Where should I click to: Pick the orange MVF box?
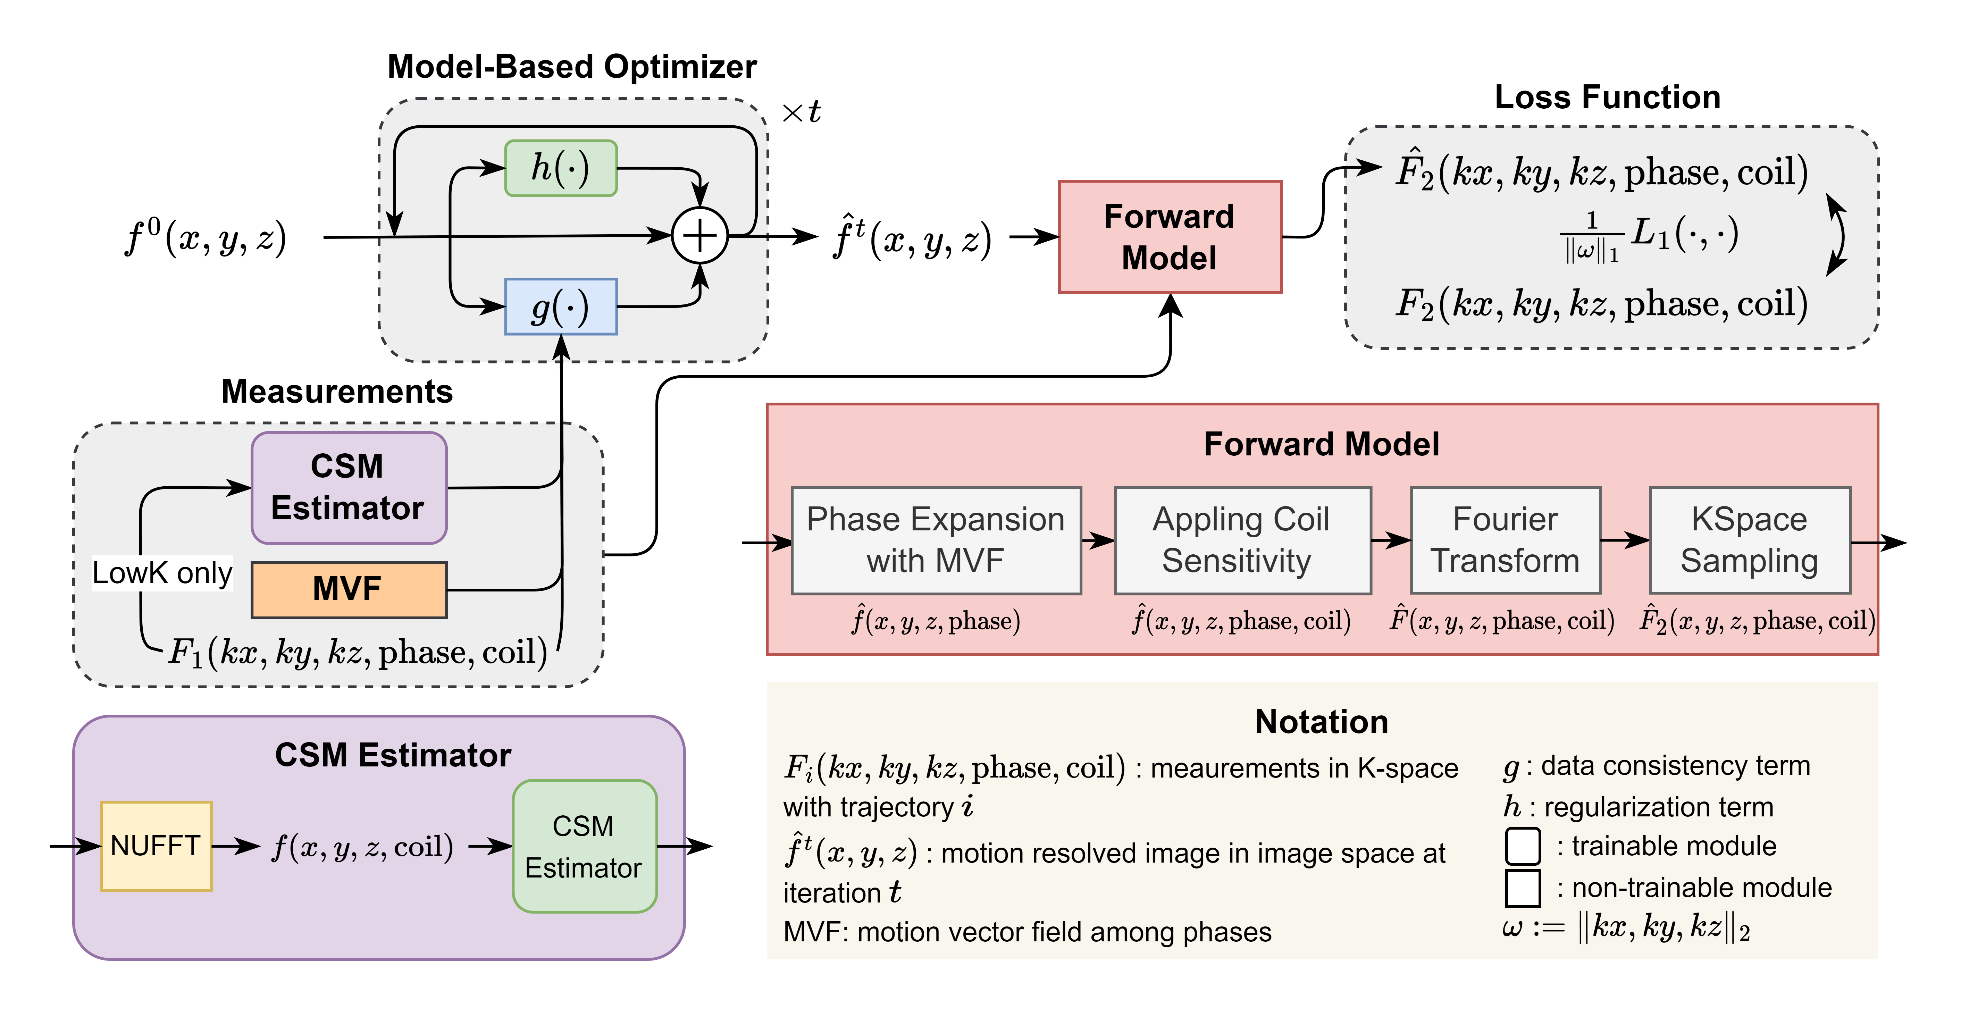tap(349, 589)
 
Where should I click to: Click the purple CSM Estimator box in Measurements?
tap(349, 487)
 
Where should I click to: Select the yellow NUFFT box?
tap(156, 846)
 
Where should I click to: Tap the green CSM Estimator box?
tap(585, 846)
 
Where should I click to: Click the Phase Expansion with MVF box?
tap(936, 540)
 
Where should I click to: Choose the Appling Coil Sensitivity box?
tap(1243, 540)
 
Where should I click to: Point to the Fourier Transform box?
tap(1506, 540)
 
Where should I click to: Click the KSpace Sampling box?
tap(1750, 540)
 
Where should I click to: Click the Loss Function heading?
tap(1608, 97)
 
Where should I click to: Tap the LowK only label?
tap(162, 573)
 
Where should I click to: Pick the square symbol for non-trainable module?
tap(1523, 888)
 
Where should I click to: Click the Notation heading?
tap(1322, 722)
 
